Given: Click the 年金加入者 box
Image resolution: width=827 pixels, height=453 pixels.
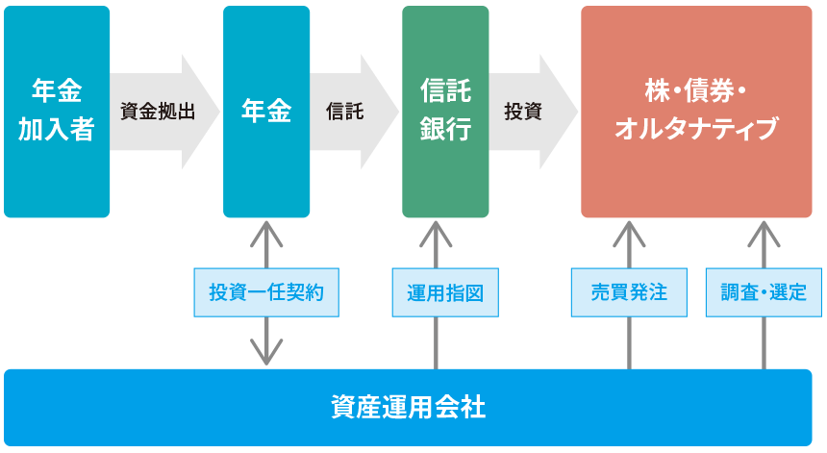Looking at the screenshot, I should click(x=57, y=112).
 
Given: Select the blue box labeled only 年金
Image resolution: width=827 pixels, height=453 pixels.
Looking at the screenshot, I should click(x=266, y=112).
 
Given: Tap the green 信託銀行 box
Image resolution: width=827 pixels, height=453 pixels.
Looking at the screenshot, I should click(x=445, y=112).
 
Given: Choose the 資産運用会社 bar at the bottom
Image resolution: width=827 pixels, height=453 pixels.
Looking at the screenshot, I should click(x=408, y=407).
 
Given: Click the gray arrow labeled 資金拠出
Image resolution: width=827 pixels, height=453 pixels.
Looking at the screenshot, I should click(x=159, y=112).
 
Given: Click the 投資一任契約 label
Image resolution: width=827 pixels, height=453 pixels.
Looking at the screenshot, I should click(x=266, y=292).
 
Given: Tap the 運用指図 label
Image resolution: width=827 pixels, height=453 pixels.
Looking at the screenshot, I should click(x=445, y=292).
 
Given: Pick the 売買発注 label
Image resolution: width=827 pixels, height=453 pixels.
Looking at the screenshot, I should click(x=629, y=292).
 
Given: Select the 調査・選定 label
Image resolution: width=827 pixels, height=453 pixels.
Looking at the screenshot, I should click(x=764, y=292).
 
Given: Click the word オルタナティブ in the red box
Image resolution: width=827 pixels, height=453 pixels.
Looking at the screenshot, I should click(x=696, y=129).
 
